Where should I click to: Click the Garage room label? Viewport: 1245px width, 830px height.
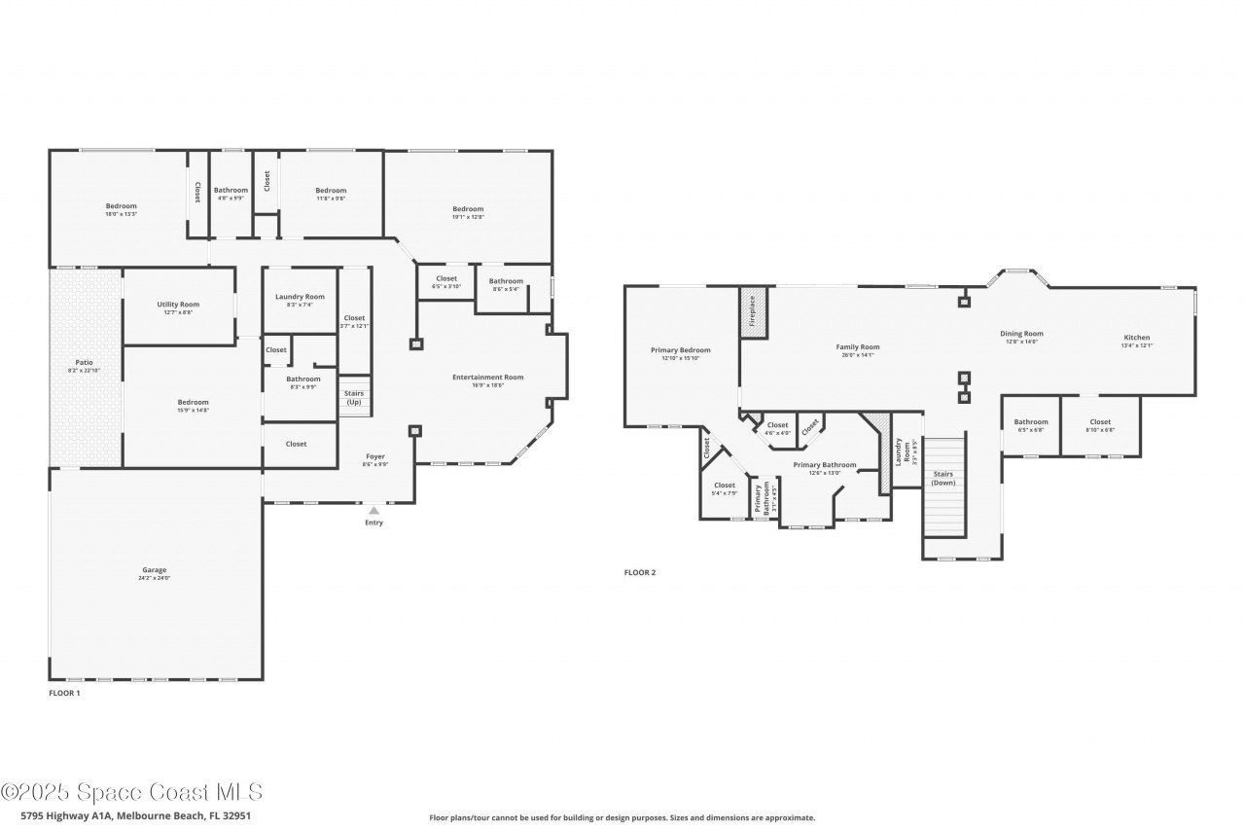pos(155,570)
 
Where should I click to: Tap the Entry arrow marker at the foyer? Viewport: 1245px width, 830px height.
pos(373,510)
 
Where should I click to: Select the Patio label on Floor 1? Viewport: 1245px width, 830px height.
pos(87,362)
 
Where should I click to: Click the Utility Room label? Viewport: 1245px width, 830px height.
pos(178,305)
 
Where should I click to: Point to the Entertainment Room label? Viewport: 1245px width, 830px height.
pos(487,378)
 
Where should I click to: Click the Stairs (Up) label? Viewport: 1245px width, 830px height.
pos(354,397)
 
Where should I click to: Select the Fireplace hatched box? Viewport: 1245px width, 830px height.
pos(753,313)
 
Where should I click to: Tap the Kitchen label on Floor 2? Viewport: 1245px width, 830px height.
pos(1136,338)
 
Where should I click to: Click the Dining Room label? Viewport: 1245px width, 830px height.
pos(1021,334)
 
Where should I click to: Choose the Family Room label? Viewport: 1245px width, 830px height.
pos(857,347)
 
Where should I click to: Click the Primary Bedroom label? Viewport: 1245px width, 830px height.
pos(680,350)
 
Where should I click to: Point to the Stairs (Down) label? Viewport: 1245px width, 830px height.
pos(943,478)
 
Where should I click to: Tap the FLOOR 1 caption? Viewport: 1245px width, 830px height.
pos(64,693)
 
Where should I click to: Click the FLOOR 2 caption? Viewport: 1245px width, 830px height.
pos(639,572)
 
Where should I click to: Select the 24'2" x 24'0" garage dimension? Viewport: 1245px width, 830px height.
pos(155,579)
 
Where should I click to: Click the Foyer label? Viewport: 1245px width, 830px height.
pos(375,456)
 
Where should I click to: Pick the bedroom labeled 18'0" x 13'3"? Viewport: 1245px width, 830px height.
pos(122,205)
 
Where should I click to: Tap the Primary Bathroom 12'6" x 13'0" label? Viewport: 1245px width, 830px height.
pos(824,465)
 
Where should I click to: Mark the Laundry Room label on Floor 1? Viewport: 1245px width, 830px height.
pos(300,297)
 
